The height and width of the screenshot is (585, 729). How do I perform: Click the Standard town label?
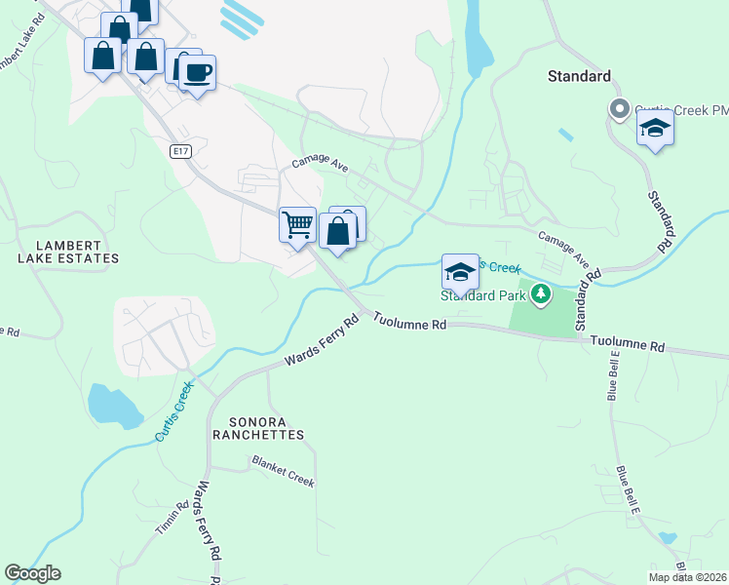pos(579,76)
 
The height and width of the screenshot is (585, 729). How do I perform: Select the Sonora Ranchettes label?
pos(253,428)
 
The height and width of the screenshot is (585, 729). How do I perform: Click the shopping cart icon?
pos(297,224)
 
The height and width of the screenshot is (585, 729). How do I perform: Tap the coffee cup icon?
pos(197,72)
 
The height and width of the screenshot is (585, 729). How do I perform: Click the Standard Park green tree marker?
pos(540,292)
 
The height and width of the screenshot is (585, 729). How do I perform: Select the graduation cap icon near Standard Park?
pos(460,272)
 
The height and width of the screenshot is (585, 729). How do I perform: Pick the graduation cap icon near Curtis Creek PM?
pos(656,130)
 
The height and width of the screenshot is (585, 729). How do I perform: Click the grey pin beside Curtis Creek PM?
pos(617,109)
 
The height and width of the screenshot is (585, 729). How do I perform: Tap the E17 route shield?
pos(178,151)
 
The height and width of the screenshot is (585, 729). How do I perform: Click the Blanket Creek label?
pos(283,470)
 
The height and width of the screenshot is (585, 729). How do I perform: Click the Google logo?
pos(32,573)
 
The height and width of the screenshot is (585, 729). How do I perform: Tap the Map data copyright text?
pos(687,577)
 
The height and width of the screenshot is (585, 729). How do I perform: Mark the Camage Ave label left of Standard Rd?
pos(565,249)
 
